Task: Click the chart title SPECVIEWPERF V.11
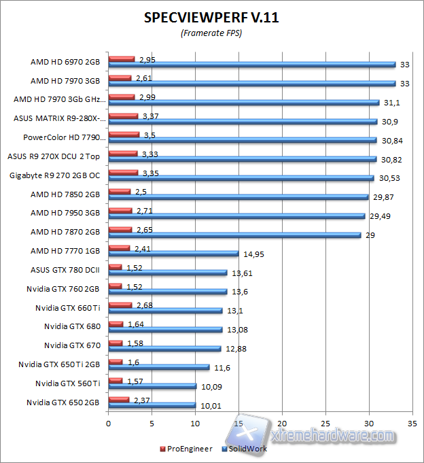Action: click(211, 18)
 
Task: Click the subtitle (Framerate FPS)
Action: click(211, 33)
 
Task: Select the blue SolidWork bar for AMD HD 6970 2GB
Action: click(251, 65)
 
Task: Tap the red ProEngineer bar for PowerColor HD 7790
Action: click(123, 135)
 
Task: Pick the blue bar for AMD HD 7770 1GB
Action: click(173, 254)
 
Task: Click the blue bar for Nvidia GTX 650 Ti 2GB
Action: click(158, 367)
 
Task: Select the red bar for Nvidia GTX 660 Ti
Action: click(120, 305)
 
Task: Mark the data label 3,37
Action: click(148, 116)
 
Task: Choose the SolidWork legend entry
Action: click(245, 449)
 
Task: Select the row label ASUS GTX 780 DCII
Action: click(65, 270)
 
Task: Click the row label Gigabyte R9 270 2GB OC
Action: click(55, 175)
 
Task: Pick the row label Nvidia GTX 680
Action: click(72, 326)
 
